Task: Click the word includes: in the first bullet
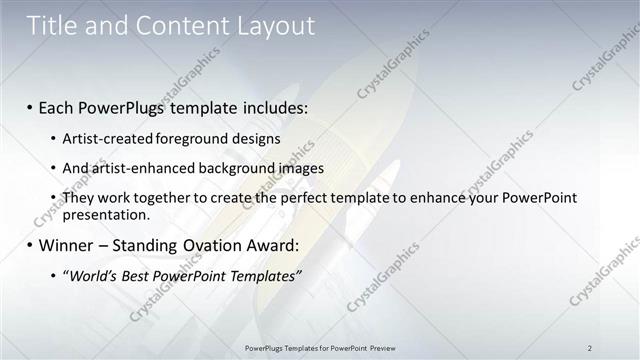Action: coord(267,107)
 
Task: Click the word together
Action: coord(167,198)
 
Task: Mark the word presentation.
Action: coord(106,214)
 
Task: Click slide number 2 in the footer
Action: coord(590,347)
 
